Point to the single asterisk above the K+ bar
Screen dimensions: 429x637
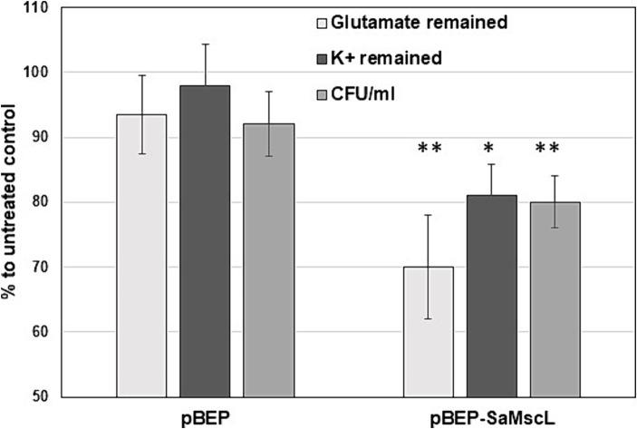point(489,147)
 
